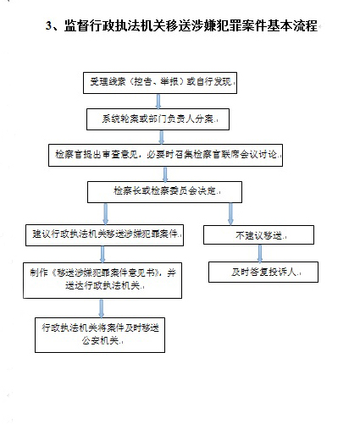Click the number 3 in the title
[48, 26]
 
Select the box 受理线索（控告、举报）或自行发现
[160, 83]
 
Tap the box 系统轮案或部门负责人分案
[158, 119]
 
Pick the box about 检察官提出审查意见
[165, 155]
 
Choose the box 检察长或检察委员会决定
[164, 192]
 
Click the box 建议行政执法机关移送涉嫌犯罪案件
[104, 235]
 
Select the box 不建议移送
[258, 234]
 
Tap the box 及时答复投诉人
[263, 272]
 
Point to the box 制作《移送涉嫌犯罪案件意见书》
[102, 280]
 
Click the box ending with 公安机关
[100, 335]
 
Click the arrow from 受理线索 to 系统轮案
[158, 102]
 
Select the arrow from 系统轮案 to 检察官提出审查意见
[162, 137]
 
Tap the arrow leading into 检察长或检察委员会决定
[165, 174]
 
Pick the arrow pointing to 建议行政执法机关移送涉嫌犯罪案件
[106, 214]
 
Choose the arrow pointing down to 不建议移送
[230, 214]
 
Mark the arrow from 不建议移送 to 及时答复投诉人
[260, 253]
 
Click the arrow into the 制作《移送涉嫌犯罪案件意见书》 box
[102, 255]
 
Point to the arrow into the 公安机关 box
[102, 308]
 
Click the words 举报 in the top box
[169, 81]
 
